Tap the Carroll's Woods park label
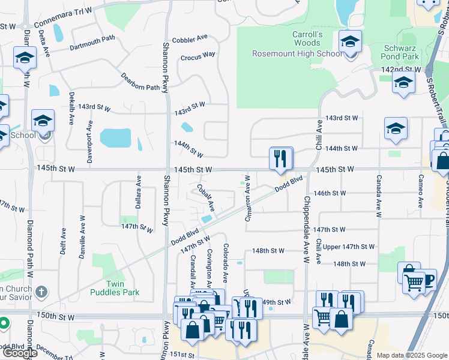[x=307, y=38]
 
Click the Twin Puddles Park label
[x=114, y=288]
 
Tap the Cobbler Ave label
[x=189, y=39]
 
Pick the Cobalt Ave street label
[x=205, y=197]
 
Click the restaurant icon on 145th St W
[x=280, y=159]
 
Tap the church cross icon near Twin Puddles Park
[x=41, y=293]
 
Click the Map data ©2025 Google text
[x=411, y=355]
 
